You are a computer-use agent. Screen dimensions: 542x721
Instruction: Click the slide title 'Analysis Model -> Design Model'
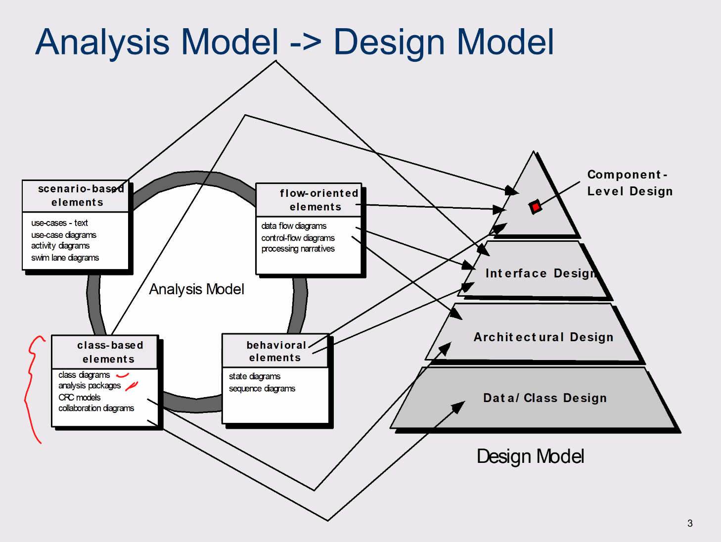coord(295,42)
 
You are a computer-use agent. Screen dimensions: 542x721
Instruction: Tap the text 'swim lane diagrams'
coord(65,258)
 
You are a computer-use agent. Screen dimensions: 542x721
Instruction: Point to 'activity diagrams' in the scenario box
coord(60,246)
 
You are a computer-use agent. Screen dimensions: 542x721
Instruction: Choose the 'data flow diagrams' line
coord(294,226)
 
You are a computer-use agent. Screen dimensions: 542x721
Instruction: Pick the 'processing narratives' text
coord(298,249)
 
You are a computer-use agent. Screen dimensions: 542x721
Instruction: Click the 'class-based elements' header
coord(109,352)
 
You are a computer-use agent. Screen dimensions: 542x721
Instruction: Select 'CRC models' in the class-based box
coord(79,398)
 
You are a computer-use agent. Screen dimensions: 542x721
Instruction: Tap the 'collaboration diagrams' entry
coord(96,408)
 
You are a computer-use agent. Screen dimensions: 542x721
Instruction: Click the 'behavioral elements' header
coord(275,351)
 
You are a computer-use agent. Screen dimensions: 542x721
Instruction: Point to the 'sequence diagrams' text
coord(262,389)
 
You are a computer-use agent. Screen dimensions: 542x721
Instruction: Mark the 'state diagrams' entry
coord(254,376)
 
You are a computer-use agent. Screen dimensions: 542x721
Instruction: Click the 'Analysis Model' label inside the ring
coord(196,289)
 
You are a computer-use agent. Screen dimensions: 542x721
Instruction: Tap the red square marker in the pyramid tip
coord(535,207)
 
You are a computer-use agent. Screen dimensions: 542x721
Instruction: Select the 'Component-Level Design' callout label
coord(629,183)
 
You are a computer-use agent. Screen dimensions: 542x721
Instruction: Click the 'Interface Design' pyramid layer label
coord(540,273)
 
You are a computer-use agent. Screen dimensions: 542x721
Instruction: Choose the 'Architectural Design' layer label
coord(543,337)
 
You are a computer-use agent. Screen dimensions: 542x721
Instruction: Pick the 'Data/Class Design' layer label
coord(544,398)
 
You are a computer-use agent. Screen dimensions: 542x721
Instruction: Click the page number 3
coord(690,523)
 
